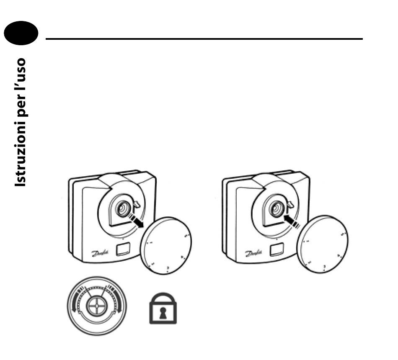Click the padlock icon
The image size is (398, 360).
[163, 308]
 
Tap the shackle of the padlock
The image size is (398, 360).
[163, 298]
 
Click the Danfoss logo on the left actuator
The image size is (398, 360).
[101, 253]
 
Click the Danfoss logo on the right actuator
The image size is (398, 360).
[253, 253]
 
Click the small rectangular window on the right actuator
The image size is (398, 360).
[276, 250]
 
